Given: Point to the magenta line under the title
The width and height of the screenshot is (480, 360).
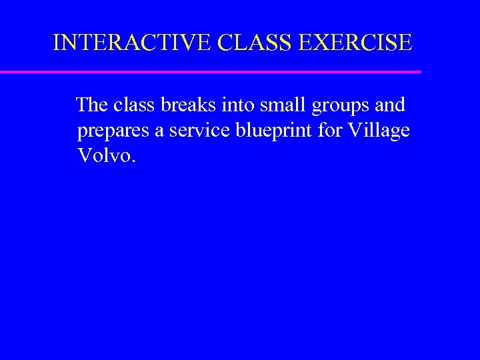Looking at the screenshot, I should click(x=211, y=71).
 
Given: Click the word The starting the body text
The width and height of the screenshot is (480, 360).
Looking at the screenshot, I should click(x=93, y=105).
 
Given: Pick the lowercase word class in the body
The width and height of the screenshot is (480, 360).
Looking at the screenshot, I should click(x=135, y=105).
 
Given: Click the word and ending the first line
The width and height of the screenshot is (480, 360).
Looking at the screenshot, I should click(x=391, y=105).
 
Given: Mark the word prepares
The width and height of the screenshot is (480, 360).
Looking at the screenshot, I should click(x=113, y=131).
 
